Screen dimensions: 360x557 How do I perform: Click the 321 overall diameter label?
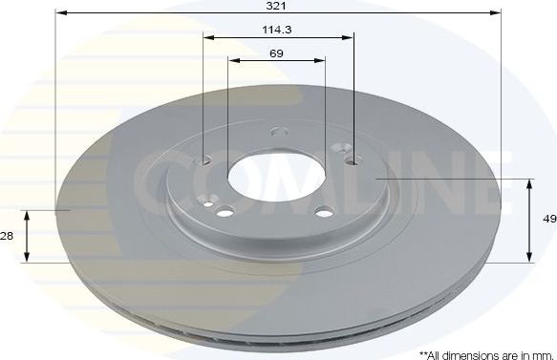(x=277, y=5)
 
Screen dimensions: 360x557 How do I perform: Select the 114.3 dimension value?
(x=277, y=30)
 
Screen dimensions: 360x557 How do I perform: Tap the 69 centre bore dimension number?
(x=276, y=53)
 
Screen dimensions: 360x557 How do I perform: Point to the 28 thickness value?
(x=9, y=236)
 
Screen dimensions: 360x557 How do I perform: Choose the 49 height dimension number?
(x=548, y=219)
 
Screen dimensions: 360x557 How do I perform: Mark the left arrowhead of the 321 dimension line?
(x=59, y=13)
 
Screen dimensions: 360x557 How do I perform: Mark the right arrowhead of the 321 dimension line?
(x=497, y=13)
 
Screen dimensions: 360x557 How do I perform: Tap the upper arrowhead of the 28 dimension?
(x=27, y=214)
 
